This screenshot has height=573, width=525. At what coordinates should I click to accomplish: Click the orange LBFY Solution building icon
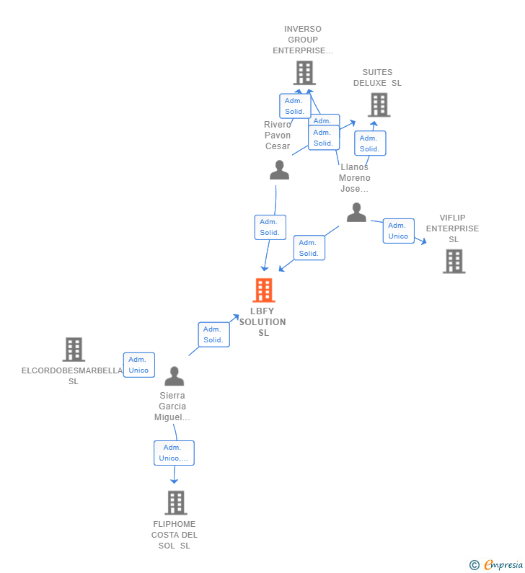[x=264, y=290]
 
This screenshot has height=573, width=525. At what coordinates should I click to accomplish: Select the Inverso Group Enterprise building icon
[x=304, y=73]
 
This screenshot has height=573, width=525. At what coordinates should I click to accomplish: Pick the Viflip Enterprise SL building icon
[x=454, y=262]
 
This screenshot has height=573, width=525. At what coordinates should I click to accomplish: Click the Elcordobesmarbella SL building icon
[x=74, y=350]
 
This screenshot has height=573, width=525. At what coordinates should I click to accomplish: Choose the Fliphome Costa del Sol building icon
[x=175, y=502]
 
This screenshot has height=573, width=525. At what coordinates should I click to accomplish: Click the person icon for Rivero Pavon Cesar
[x=279, y=170]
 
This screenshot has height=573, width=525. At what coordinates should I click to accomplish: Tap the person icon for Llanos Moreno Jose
[x=356, y=213]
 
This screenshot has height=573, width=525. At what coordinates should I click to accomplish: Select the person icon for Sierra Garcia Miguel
[x=174, y=376]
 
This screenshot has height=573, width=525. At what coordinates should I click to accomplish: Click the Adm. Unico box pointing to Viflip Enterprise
[x=398, y=231]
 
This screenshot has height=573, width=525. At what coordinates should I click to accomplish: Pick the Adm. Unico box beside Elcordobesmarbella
[x=138, y=365]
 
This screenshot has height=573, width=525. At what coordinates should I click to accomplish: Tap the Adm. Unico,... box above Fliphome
[x=174, y=453]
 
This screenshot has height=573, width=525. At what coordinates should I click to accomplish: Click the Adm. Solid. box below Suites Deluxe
[x=369, y=143]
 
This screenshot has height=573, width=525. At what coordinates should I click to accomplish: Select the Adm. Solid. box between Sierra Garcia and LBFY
[x=213, y=334]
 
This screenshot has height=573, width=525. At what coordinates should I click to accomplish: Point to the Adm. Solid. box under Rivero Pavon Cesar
[x=270, y=227]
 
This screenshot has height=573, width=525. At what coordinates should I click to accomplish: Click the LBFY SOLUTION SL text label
[x=263, y=322]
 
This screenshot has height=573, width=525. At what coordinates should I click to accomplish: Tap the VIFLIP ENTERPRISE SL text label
[x=452, y=228]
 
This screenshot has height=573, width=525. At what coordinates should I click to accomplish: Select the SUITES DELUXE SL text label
[x=377, y=78]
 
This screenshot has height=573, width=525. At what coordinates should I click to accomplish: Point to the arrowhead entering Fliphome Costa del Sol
[x=174, y=481]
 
